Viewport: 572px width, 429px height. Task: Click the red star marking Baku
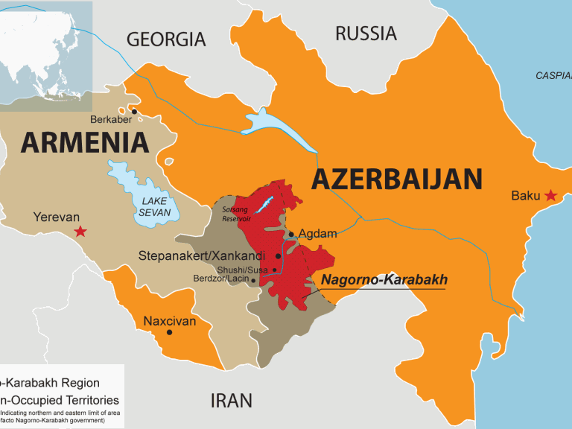(550, 195)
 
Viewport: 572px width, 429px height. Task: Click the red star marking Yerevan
(80, 232)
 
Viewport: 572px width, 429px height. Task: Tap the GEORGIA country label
(165, 39)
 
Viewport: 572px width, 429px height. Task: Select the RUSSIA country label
(366, 34)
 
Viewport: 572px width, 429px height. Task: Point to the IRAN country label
(231, 400)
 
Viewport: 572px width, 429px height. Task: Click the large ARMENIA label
(84, 142)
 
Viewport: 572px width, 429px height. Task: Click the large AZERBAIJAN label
(396, 179)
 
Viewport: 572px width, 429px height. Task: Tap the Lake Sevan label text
(155, 206)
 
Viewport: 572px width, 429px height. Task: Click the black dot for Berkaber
(135, 112)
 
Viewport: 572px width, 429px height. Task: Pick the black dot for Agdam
(291, 234)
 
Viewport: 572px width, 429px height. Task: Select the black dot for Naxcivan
(170, 332)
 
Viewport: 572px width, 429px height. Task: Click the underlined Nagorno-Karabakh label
(384, 280)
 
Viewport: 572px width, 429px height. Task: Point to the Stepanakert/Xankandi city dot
(279, 255)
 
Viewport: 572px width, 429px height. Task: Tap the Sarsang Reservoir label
(237, 214)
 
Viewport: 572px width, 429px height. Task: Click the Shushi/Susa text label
(243, 270)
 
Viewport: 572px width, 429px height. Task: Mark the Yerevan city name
(56, 217)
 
